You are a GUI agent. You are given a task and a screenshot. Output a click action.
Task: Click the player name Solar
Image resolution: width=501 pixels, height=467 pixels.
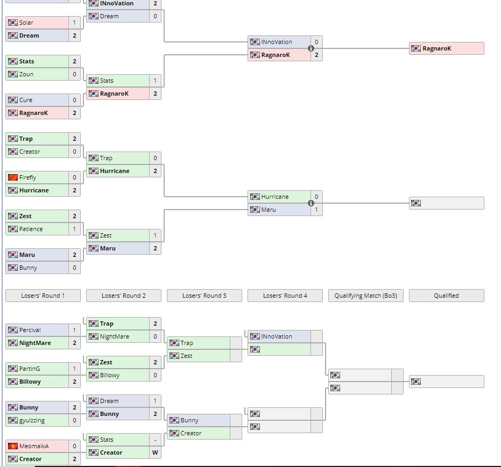tap(26, 23)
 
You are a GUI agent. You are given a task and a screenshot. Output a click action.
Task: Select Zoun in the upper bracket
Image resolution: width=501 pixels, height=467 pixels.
tap(26, 74)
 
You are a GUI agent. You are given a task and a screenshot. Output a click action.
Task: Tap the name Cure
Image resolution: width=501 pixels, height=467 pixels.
tap(25, 100)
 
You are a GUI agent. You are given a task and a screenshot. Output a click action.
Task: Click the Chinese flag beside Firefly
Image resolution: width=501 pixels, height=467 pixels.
tap(13, 177)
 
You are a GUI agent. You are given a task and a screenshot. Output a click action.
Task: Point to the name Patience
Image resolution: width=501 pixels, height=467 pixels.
tap(31, 229)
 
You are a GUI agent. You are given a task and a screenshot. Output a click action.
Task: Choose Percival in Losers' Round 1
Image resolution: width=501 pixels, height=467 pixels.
tap(30, 330)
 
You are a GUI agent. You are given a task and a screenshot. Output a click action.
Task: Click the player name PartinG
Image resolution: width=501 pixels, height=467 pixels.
tap(29, 369)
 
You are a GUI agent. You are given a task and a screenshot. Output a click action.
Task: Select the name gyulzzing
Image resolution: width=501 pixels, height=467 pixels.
tap(31, 420)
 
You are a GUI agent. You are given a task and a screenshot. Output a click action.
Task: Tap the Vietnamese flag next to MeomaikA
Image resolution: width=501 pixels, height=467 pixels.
tap(13, 446)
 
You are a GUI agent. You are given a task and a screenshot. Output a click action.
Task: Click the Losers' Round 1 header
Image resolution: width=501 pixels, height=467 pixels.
tap(43, 296)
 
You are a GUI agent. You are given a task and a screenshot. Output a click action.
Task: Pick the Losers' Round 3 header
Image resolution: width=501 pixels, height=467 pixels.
tap(204, 296)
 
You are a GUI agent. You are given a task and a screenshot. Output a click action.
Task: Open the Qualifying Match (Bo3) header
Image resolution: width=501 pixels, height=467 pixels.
tap(365, 296)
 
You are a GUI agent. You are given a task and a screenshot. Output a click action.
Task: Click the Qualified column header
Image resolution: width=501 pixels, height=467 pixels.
tap(446, 296)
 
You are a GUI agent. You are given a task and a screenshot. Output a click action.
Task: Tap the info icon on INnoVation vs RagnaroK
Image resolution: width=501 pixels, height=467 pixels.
tap(311, 48)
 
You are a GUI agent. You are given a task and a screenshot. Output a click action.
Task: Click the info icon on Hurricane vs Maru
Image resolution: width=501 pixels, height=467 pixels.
tap(311, 203)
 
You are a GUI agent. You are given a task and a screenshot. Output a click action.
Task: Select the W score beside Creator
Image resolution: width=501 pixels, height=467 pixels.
tap(155, 452)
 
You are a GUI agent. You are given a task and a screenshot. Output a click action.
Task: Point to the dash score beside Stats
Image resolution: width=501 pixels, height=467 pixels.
tap(155, 440)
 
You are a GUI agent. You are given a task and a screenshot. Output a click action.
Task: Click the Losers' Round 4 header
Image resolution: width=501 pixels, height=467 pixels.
tap(285, 296)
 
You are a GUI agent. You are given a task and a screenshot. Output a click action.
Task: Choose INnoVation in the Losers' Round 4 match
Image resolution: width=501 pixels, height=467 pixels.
tap(277, 336)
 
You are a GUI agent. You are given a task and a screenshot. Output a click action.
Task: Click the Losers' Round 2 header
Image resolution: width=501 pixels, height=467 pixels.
tap(123, 296)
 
